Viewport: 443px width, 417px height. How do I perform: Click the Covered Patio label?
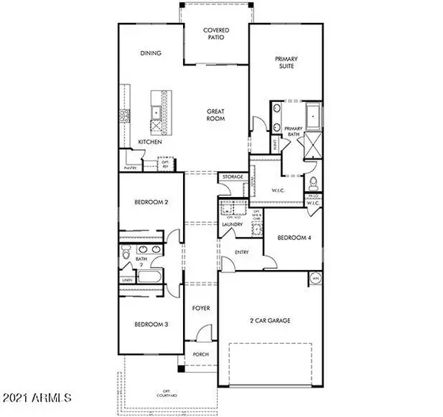pos(216,35)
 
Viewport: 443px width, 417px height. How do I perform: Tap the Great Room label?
pos(215,116)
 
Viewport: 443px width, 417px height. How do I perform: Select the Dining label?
pos(151,53)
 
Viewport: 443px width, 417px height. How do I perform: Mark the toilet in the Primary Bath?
pos(313,182)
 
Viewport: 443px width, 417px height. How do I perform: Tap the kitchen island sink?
pos(157,112)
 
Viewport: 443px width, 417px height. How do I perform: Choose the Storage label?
pos(230,178)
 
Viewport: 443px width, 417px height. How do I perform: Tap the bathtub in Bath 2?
pos(152,279)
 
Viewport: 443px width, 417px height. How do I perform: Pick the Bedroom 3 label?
pos(151,323)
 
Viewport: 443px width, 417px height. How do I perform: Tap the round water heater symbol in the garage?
pos(315,279)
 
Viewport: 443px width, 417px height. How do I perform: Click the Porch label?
pos(200,354)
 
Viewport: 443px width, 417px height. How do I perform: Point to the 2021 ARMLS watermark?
pos(36,399)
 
